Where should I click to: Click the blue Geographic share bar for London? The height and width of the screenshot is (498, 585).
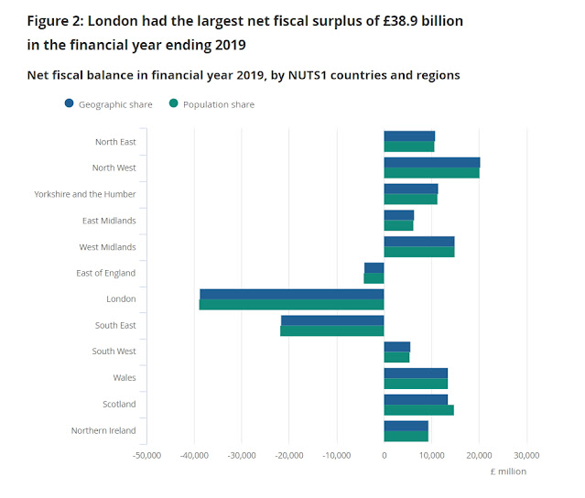click(291, 294)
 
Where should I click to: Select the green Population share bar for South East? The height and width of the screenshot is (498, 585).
click(331, 330)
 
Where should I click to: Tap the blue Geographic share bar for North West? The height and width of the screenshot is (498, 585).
click(431, 162)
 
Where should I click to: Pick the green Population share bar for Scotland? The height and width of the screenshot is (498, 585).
click(418, 409)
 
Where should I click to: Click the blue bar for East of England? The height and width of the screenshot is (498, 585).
click(374, 267)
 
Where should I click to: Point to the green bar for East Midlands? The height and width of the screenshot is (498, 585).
click(398, 225)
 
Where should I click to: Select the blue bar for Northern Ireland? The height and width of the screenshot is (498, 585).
click(406, 426)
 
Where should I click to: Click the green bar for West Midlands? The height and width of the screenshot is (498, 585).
click(418, 252)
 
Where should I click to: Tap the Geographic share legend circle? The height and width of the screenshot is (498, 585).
click(70, 104)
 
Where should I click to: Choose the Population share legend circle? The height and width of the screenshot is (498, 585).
click(172, 104)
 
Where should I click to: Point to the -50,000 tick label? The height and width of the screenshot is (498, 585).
click(146, 454)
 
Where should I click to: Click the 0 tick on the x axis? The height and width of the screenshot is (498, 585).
click(384, 454)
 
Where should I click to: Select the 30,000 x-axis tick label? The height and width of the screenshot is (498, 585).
click(525, 454)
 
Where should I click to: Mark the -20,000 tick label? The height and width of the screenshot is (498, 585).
click(289, 454)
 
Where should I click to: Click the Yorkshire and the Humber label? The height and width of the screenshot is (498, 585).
click(84, 194)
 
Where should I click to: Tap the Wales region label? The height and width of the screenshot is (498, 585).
click(124, 377)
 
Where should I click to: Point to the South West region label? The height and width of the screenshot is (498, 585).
click(114, 352)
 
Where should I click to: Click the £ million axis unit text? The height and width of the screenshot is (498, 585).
click(508, 471)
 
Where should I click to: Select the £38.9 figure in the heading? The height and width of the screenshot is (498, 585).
click(377, 18)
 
